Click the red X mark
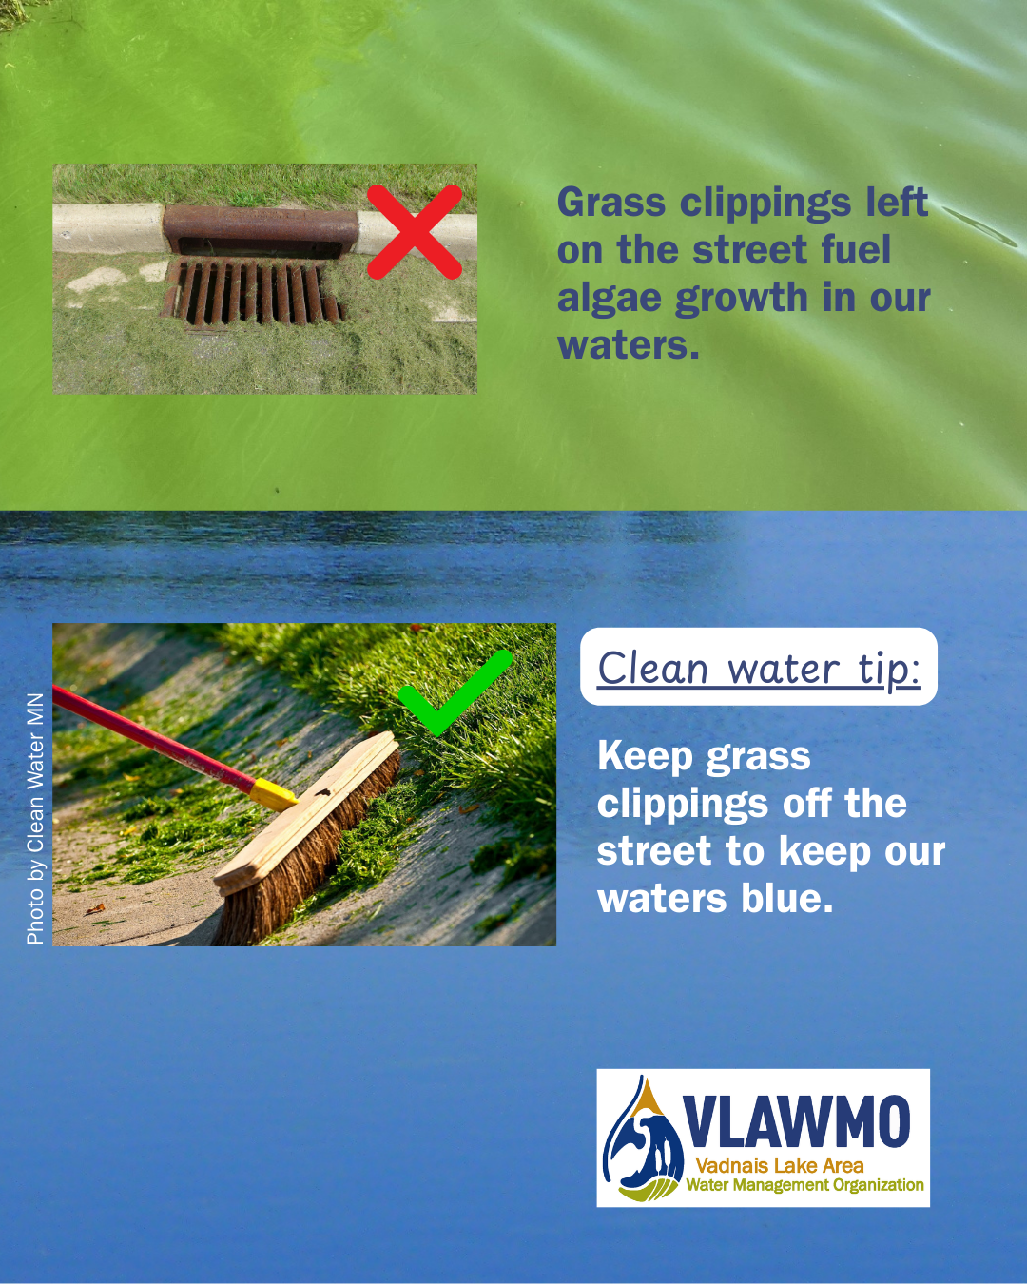(x=415, y=231)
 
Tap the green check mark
(x=455, y=692)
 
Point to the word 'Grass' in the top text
(x=611, y=202)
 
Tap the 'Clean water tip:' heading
(x=759, y=669)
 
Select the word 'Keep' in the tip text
(x=644, y=756)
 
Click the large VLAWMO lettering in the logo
(x=796, y=1121)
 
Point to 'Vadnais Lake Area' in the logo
(x=780, y=1165)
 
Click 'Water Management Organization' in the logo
(x=805, y=1184)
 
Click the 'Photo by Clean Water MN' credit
(x=35, y=819)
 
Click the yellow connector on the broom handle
(x=273, y=795)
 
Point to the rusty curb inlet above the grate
(x=261, y=231)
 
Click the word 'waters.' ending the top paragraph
(x=628, y=346)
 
